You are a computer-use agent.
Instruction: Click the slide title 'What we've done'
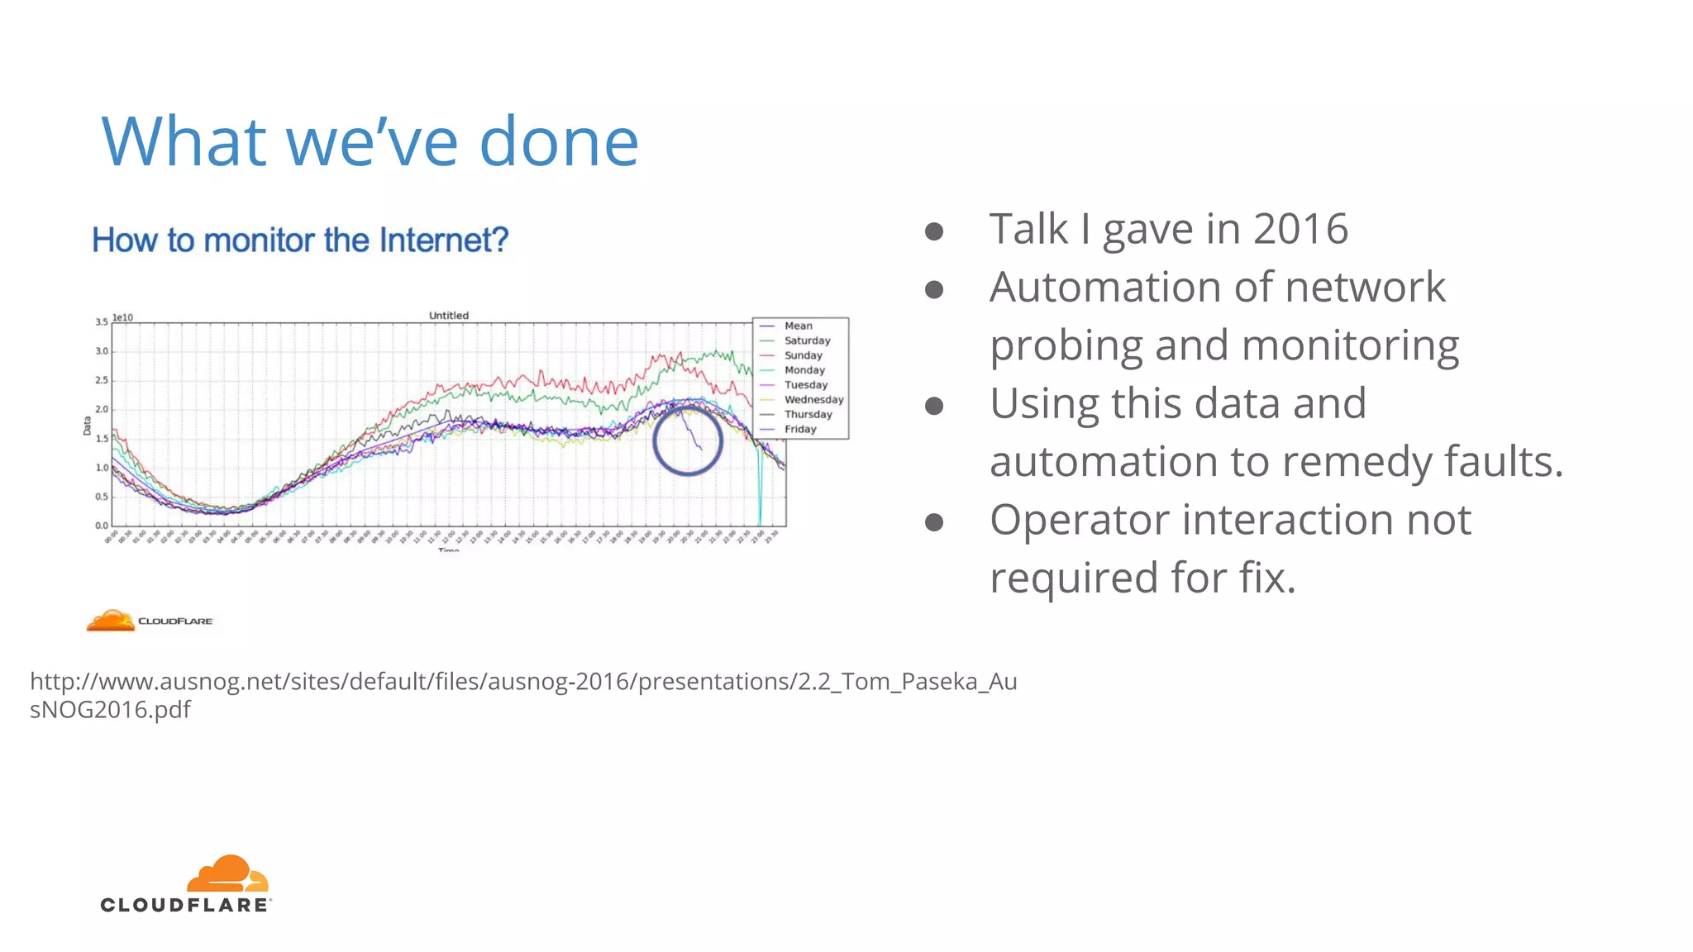tap(370, 141)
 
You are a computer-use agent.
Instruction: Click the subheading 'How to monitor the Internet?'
tap(300, 240)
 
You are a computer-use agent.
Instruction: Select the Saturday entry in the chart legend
tap(806, 340)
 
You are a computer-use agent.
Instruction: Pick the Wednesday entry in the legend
tap(813, 400)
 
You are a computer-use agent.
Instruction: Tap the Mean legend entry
tap(798, 326)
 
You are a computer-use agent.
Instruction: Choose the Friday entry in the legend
tap(799, 429)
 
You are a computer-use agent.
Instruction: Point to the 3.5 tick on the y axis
tap(101, 322)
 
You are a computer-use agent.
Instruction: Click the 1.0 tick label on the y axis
tap(101, 468)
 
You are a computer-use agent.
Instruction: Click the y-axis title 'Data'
tap(87, 426)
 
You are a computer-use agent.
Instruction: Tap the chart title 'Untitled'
tap(448, 316)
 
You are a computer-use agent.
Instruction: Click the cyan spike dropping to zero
tap(760, 496)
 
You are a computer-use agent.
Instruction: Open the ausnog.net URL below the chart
tap(522, 682)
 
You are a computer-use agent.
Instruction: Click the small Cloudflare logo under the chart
tap(150, 621)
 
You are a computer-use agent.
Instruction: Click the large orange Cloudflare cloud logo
tap(227, 873)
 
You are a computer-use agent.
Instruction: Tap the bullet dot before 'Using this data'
tap(934, 406)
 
